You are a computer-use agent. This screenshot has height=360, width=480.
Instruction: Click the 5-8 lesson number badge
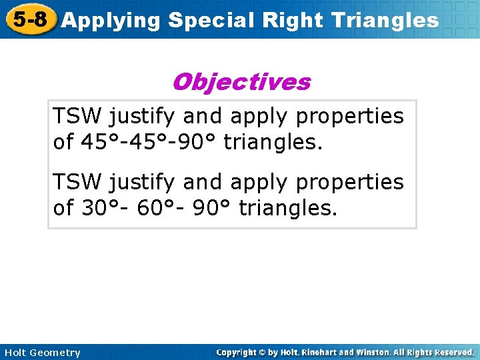pos(30,19)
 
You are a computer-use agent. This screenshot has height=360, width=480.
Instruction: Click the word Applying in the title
pos(111,21)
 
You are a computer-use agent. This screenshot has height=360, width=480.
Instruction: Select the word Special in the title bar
pos(212,21)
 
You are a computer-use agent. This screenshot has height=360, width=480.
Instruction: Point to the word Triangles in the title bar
pos(387,21)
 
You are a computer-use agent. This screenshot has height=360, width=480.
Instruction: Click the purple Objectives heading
pos(241,82)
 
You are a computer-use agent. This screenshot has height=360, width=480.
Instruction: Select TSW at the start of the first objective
pos(78,116)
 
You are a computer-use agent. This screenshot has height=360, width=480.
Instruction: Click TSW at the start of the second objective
pos(78,181)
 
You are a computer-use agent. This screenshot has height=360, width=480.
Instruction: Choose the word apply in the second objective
pos(257,182)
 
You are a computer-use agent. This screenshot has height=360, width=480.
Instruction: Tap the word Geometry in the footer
pos(55,353)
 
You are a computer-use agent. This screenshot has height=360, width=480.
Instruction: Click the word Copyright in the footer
pos(238,352)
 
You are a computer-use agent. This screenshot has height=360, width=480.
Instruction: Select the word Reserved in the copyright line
pos(453,352)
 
